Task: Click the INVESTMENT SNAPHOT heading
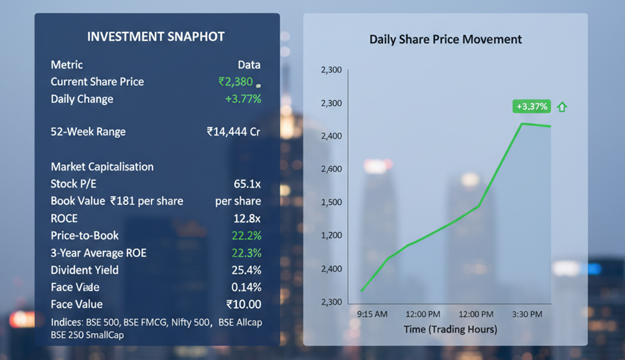pos(156,37)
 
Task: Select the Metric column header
pos(67,64)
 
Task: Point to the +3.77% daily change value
pos(243,99)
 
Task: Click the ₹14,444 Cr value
pos(233,132)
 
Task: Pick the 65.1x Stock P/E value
pos(247,184)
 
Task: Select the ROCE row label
pos(64,218)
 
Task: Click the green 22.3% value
pos(246,253)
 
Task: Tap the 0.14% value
pos(246,287)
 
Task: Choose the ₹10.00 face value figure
pos(243,304)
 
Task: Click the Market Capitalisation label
pos(102,167)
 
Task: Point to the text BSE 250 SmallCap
pos(87,335)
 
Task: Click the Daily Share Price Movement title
pos(445,39)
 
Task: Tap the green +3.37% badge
pos(532,107)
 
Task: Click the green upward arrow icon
pos(562,107)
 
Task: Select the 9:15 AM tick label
pos(372,314)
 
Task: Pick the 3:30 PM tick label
pos(527,314)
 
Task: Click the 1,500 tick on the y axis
pos(331,202)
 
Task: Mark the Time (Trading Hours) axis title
pos(450,329)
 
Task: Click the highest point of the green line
pos(522,123)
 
